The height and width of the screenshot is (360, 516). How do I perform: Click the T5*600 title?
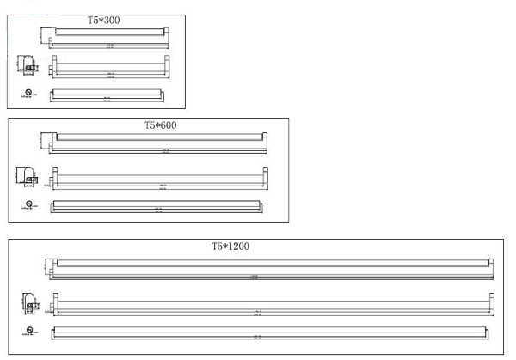(x=160, y=125)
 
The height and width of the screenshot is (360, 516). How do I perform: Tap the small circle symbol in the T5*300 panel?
(x=29, y=90)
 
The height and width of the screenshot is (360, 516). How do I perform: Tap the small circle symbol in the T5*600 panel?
(x=29, y=204)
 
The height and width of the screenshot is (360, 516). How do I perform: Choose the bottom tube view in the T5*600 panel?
(x=157, y=206)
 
